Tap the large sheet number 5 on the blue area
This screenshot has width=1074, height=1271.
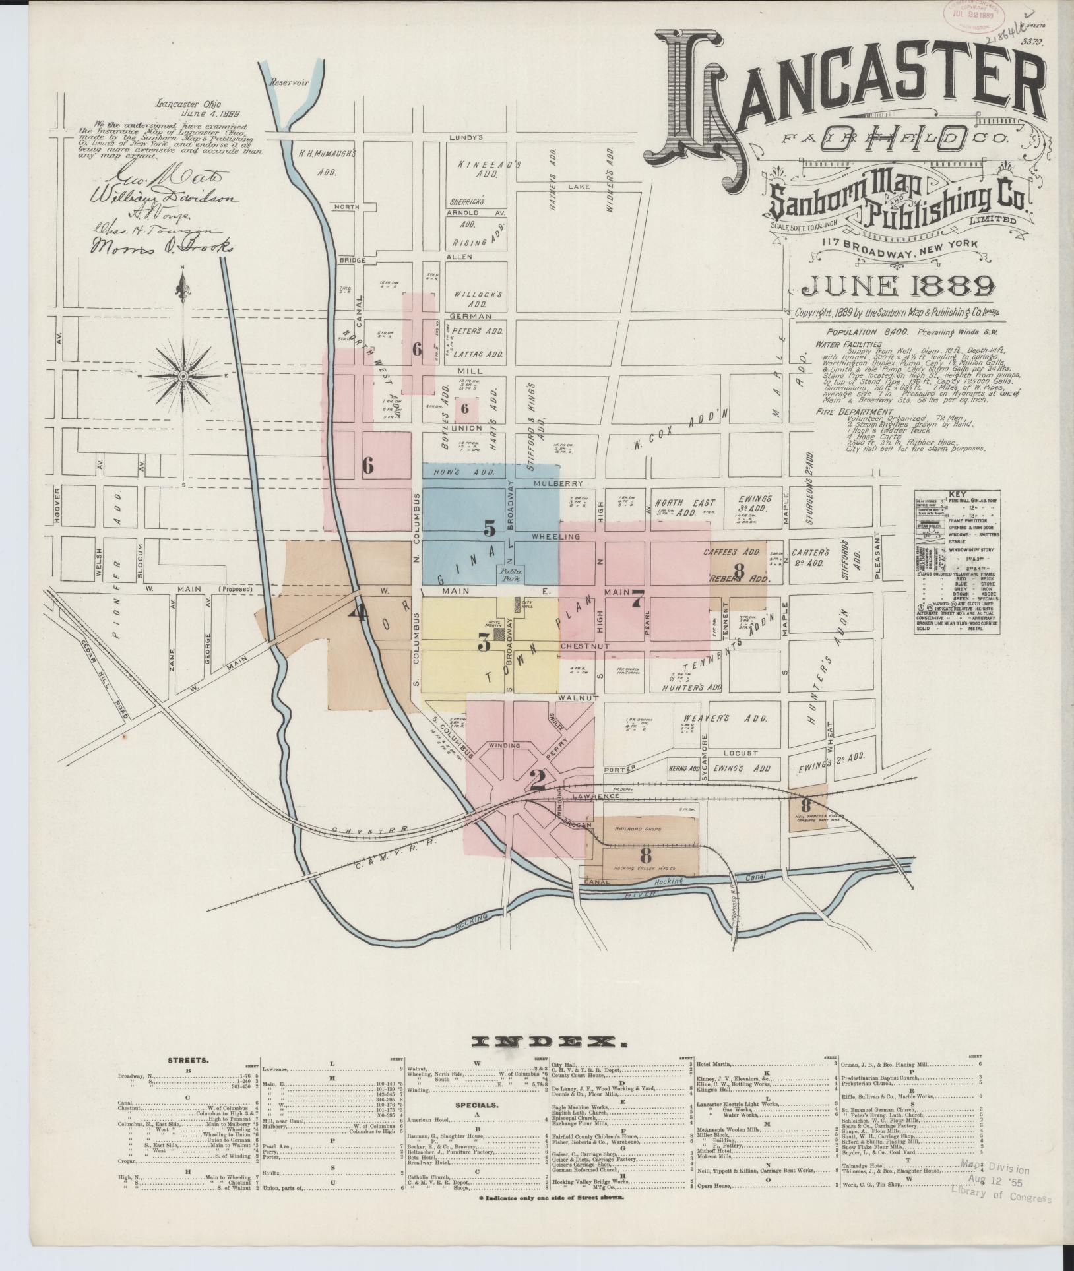(489, 528)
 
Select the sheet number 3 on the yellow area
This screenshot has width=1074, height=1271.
(484, 642)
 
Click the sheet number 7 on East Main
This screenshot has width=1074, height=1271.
(637, 598)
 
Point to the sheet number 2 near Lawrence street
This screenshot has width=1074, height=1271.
(537, 780)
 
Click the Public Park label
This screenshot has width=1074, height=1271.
(509, 573)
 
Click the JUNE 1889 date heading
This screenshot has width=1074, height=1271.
(898, 286)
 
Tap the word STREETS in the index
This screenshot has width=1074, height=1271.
(188, 1061)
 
